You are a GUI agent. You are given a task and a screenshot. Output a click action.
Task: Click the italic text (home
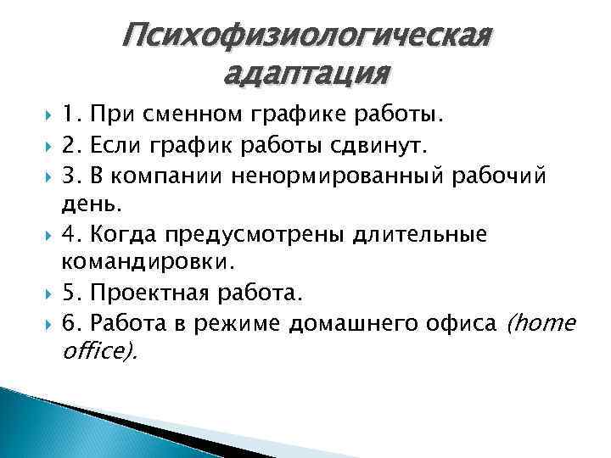pyautogui.click(x=541, y=324)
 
